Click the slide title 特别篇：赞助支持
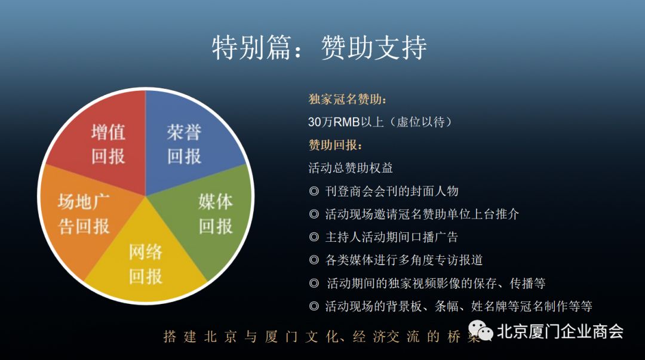point(319,48)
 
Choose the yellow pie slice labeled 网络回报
point(146,263)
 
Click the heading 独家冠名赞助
point(347,99)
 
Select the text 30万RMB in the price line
point(334,122)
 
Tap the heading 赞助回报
point(335,145)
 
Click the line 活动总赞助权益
point(351,168)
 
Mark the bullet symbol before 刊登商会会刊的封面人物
point(314,191)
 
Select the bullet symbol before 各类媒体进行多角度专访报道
point(314,260)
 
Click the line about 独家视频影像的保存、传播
point(436,283)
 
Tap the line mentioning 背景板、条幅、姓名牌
point(459,306)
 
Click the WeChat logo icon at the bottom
point(480,331)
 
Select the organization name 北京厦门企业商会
point(560,331)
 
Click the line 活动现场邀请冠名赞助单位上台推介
point(422,214)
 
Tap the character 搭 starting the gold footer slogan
point(170,337)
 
